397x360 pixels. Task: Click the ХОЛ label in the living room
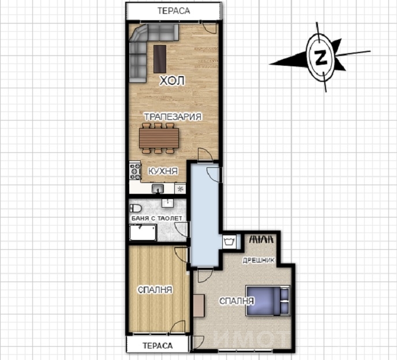coord(172,81)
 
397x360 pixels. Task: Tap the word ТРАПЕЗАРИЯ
coord(173,117)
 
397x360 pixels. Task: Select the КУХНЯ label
coord(163,171)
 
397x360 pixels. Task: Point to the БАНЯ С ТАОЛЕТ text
coord(156,218)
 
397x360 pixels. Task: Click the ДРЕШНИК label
coord(259,260)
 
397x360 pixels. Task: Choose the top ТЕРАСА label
coord(174,11)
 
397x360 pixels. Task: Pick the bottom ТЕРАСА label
coord(158,346)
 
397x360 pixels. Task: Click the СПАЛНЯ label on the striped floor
coord(155,290)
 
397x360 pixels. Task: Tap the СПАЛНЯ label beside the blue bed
coord(237,301)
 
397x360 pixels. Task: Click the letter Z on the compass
coord(320,57)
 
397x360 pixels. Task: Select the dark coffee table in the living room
coord(160,59)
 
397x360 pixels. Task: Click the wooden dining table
coord(159,138)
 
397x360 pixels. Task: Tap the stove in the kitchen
coord(135,171)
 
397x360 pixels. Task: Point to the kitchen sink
coord(158,189)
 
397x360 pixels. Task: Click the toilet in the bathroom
coord(136,208)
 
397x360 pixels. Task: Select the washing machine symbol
coord(230,242)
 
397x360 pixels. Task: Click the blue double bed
coord(268,301)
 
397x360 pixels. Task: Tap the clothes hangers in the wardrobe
coord(262,239)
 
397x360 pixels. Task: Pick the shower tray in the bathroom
coord(143,232)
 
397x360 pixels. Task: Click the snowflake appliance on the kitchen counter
coord(180,189)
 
